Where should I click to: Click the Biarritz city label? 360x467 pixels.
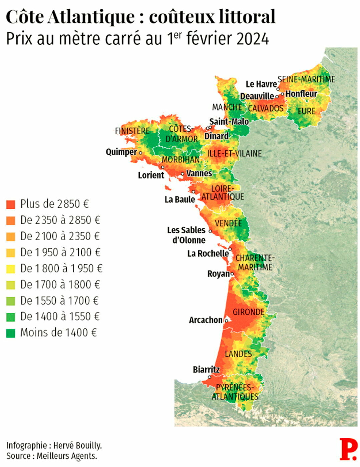click(206, 370)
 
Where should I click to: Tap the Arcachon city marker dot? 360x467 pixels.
click(227, 321)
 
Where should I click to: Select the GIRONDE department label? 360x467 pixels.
click(249, 312)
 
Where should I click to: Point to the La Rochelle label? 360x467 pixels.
click(208, 254)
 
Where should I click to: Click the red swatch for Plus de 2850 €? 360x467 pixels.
click(11, 204)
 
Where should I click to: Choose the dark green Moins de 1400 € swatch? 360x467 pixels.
click(11, 333)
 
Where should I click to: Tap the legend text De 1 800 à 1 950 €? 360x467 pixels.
click(61, 269)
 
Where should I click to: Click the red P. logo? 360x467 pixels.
click(348, 449)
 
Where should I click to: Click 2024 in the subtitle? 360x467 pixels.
click(253, 39)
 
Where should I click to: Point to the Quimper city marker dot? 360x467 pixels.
click(140, 153)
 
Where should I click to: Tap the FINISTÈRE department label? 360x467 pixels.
click(132, 131)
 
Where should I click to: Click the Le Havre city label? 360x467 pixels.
click(261, 84)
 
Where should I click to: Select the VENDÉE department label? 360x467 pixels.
click(228, 223)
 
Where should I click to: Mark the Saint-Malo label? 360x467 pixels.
click(229, 122)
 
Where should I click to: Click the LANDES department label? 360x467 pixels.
click(238, 354)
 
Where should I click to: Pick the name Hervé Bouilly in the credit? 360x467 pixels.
click(77, 445)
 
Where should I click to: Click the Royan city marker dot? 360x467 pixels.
click(232, 274)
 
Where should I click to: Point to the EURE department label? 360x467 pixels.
click(306, 111)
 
